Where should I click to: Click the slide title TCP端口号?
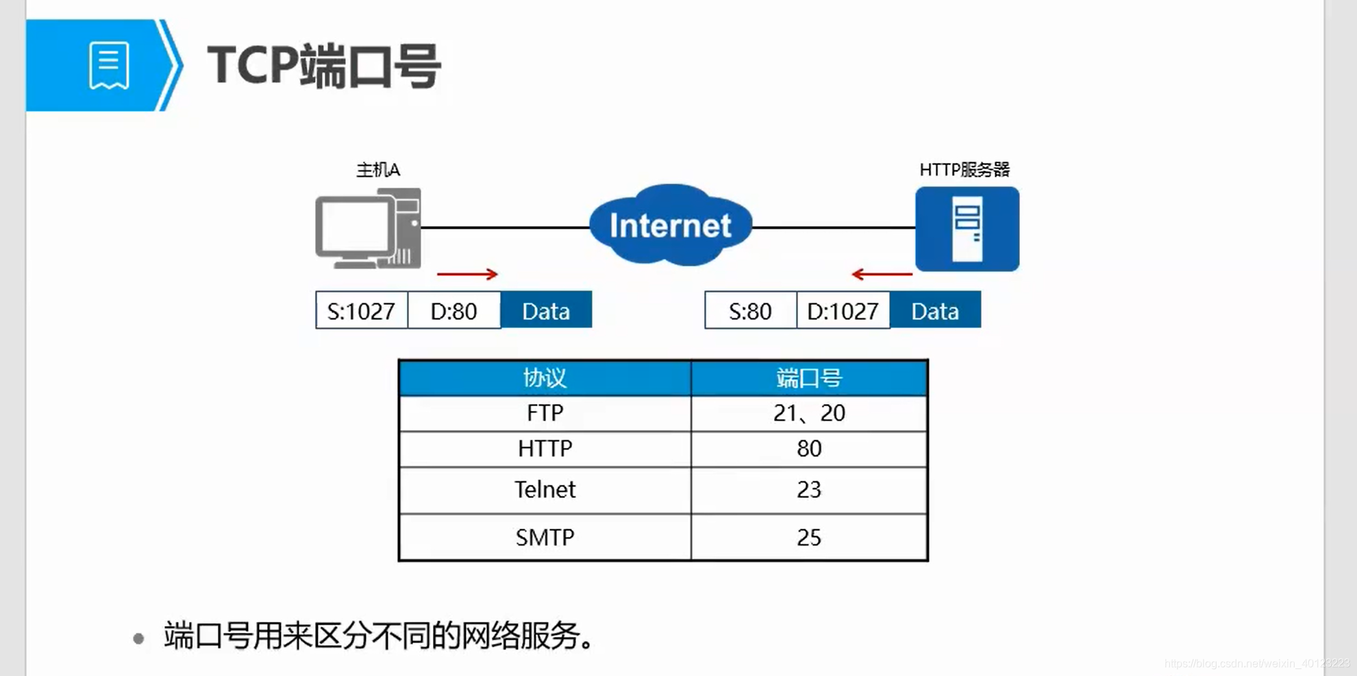point(324,66)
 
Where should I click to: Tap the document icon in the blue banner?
point(109,66)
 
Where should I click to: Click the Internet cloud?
point(670,225)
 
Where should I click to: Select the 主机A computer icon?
point(368,229)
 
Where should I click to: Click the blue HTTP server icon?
point(967,229)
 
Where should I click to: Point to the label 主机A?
point(377,170)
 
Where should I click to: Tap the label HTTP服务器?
point(964,170)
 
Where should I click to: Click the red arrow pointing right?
point(467,274)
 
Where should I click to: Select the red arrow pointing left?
point(882,274)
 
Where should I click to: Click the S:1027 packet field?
point(361,311)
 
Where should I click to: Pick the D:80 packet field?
point(453,311)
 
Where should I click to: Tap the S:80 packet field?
point(750,311)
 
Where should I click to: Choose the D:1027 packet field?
point(843,311)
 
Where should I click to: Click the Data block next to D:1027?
point(935,311)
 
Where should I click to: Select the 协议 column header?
point(545,378)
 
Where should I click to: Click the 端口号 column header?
point(809,378)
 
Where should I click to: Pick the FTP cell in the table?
point(545,413)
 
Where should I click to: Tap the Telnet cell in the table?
point(545,490)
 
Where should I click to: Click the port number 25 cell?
point(809,538)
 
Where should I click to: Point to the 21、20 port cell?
point(809,413)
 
